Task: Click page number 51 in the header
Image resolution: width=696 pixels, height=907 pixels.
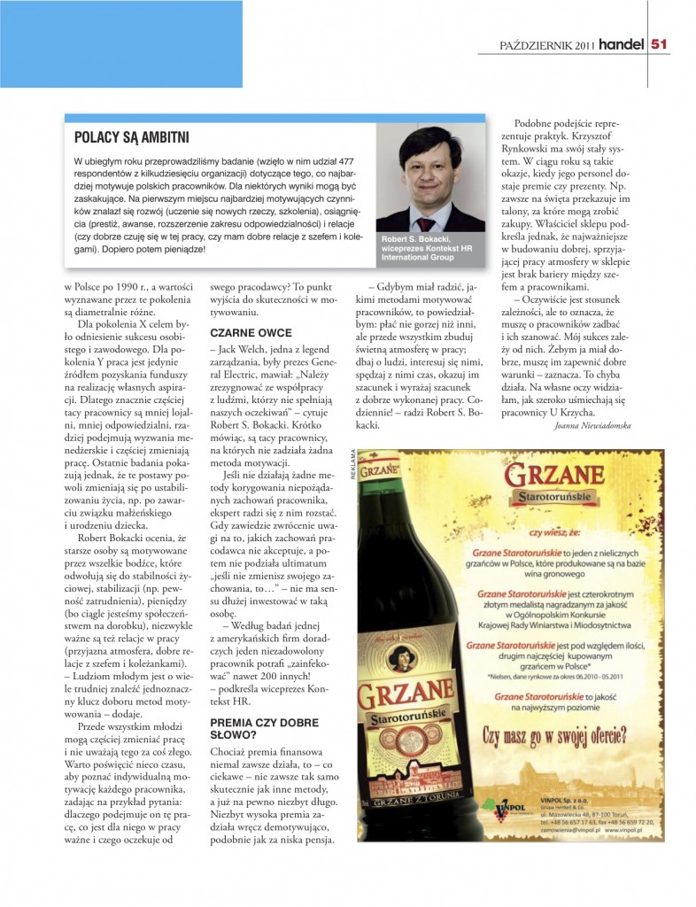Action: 660,42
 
